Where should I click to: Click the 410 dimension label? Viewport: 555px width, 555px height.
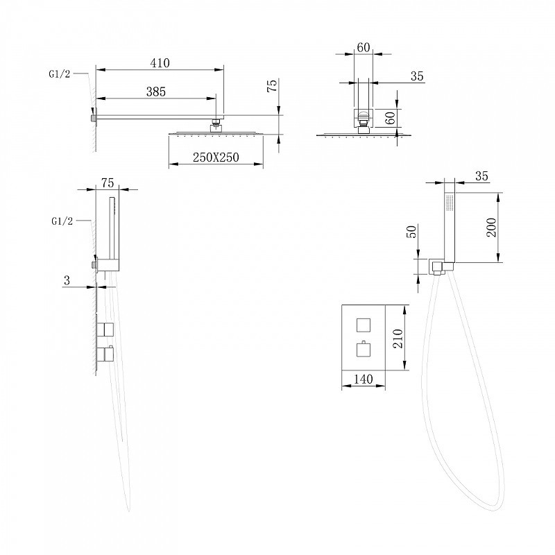(x=160, y=63)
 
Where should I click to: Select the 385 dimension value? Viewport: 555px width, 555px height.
(x=156, y=92)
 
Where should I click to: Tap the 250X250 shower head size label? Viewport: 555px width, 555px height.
(x=216, y=157)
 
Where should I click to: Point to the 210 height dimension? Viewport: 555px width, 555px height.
(x=398, y=339)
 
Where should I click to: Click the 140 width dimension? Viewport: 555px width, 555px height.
(x=363, y=379)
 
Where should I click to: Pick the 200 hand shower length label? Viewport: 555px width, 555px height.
(x=492, y=228)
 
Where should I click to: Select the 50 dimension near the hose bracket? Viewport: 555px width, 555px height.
(x=412, y=232)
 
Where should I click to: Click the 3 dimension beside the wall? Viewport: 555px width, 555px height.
(x=67, y=281)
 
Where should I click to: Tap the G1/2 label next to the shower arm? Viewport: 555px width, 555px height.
(x=60, y=74)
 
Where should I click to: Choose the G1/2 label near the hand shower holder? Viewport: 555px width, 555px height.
(x=62, y=221)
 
